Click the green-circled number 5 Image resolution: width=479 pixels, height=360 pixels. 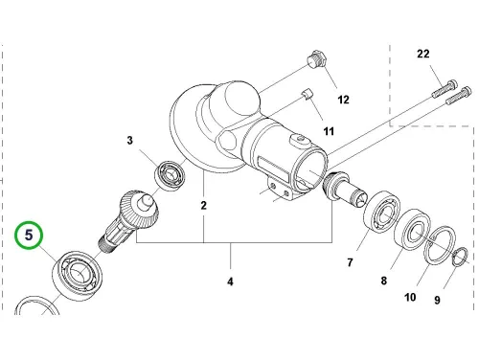pos(29,236)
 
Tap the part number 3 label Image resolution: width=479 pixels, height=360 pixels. pos(129,141)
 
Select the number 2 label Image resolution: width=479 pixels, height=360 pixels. pos(204,206)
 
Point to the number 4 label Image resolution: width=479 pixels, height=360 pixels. pos(230,281)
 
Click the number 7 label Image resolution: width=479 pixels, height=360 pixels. pos(351,262)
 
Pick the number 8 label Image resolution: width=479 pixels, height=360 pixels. pos(384,281)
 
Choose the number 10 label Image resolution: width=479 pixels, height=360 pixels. pos(410,298)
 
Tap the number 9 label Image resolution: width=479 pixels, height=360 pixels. pos(437,300)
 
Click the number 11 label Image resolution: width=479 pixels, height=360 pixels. pos(329,131)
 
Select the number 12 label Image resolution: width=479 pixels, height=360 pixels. pos(343,100)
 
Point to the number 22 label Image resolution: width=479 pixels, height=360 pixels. pos(423,54)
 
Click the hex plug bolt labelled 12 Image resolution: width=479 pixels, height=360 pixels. pos(316,59)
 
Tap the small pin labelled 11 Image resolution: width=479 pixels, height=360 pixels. pos(307,95)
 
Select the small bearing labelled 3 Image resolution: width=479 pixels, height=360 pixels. pos(171,176)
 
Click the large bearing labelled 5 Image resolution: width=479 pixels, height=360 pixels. pos(77,275)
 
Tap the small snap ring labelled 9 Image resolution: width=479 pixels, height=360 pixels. pos(460,257)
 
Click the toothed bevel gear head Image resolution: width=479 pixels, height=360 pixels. pos(139,208)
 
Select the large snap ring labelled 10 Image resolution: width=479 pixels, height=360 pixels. pos(439,245)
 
